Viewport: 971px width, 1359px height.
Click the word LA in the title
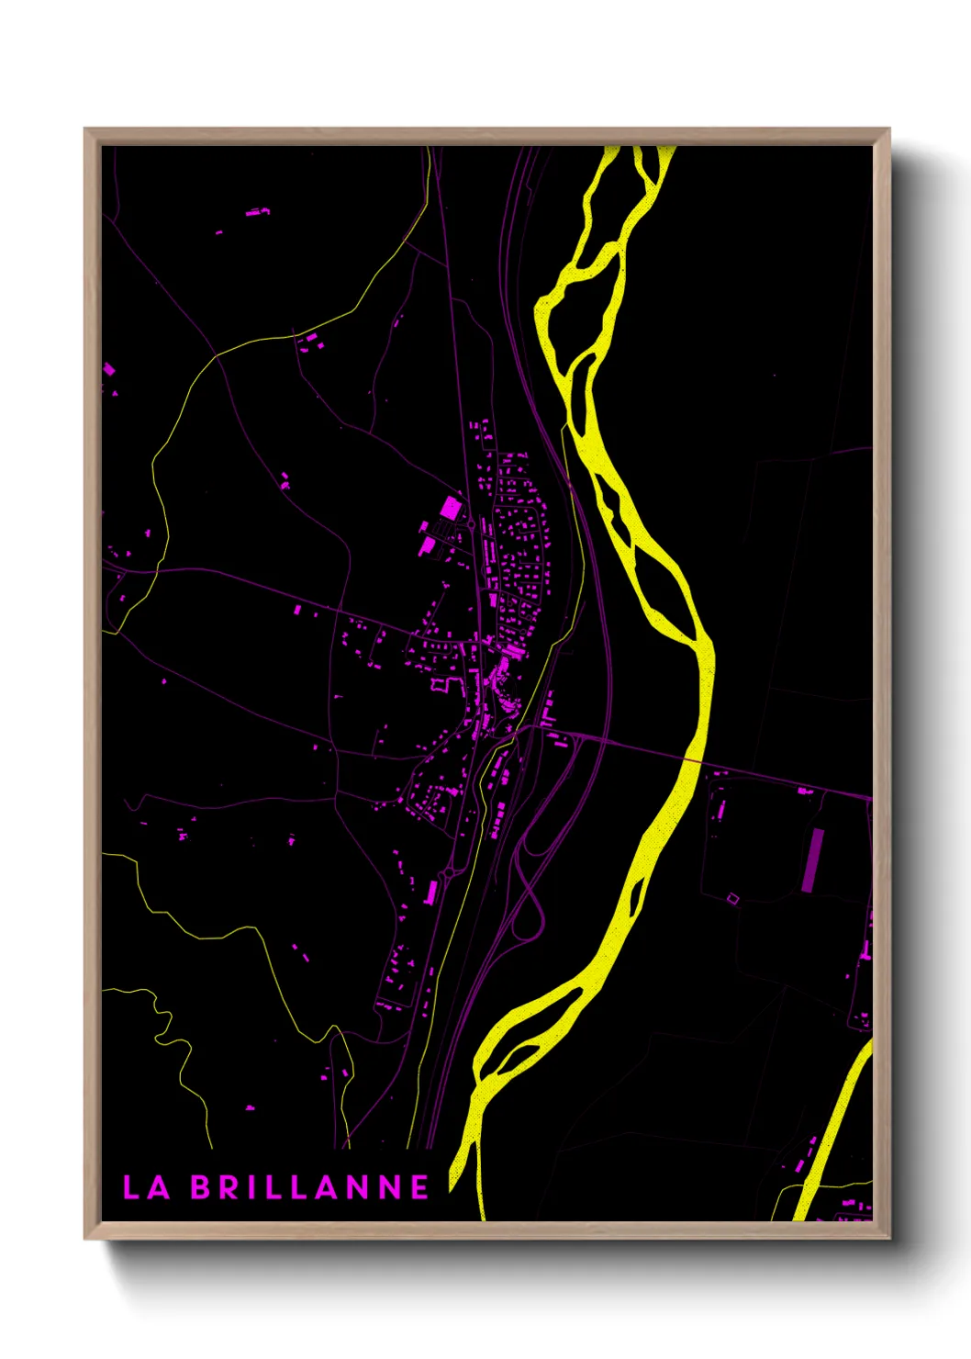point(146,1187)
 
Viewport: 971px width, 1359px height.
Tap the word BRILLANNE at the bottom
point(310,1187)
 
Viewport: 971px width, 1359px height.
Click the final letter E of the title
point(419,1187)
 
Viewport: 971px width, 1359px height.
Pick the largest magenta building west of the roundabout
point(451,508)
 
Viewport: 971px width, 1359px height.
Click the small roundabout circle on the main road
point(471,525)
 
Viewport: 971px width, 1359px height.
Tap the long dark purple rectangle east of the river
point(810,860)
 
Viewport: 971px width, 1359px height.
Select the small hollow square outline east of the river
point(732,898)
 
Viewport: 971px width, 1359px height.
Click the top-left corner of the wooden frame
point(86,130)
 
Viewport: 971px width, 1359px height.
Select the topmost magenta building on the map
point(258,212)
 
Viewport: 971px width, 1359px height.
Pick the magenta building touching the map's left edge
point(108,369)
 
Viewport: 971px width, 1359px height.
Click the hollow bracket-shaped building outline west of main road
point(439,683)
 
